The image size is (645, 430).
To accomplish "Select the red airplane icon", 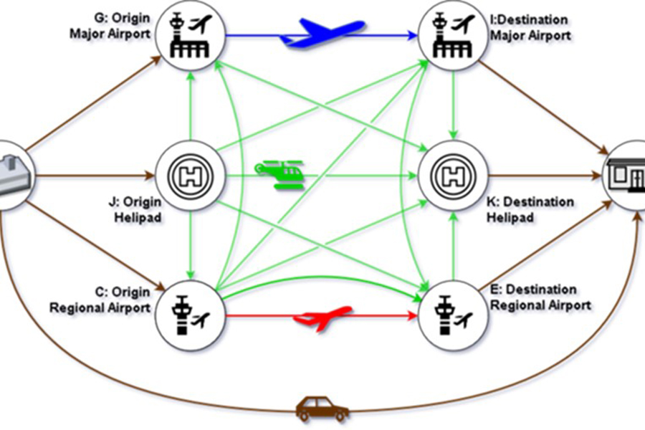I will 324,316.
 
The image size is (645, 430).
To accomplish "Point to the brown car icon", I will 322,410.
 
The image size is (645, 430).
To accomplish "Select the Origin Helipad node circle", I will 191,175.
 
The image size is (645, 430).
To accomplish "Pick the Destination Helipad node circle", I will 453,175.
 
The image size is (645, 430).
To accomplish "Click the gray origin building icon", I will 10,175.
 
